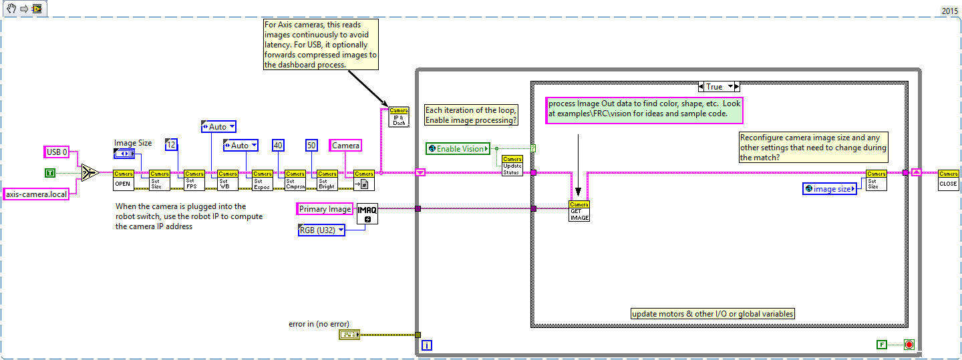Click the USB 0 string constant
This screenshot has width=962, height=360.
[x=57, y=152]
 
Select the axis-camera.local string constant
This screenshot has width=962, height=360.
[x=37, y=194]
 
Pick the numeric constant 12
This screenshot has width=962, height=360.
[x=171, y=145]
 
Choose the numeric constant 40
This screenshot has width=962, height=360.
[x=279, y=145]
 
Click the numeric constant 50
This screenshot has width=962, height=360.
[x=311, y=145]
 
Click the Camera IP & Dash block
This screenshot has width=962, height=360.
[x=399, y=116]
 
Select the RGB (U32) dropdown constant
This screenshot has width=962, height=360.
[x=321, y=230]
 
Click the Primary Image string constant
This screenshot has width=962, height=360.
[x=324, y=209]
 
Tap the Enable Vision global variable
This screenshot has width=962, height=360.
[x=458, y=148]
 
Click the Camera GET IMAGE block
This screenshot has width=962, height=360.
[x=579, y=210]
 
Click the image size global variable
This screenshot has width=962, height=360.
[x=829, y=189]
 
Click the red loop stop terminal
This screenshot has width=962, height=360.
[x=909, y=344]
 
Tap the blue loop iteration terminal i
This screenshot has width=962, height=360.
[x=427, y=345]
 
